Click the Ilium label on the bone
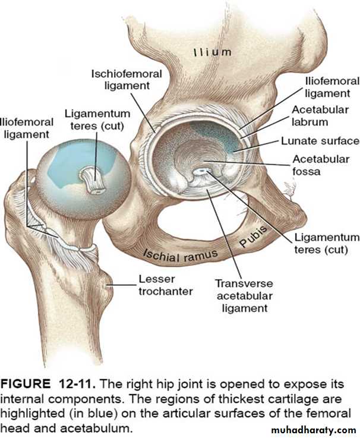point(213,52)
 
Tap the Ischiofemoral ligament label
point(127,80)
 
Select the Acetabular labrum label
point(320,116)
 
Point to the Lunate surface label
point(320,141)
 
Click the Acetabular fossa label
point(321,165)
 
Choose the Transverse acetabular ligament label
point(244,295)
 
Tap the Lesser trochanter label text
point(166,285)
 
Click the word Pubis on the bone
point(253,237)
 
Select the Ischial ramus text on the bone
point(180,255)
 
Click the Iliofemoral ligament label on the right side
point(332,87)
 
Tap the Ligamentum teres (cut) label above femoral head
point(97,119)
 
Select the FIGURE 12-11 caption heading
point(48,384)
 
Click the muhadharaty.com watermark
point(313,430)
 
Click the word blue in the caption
point(103,414)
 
